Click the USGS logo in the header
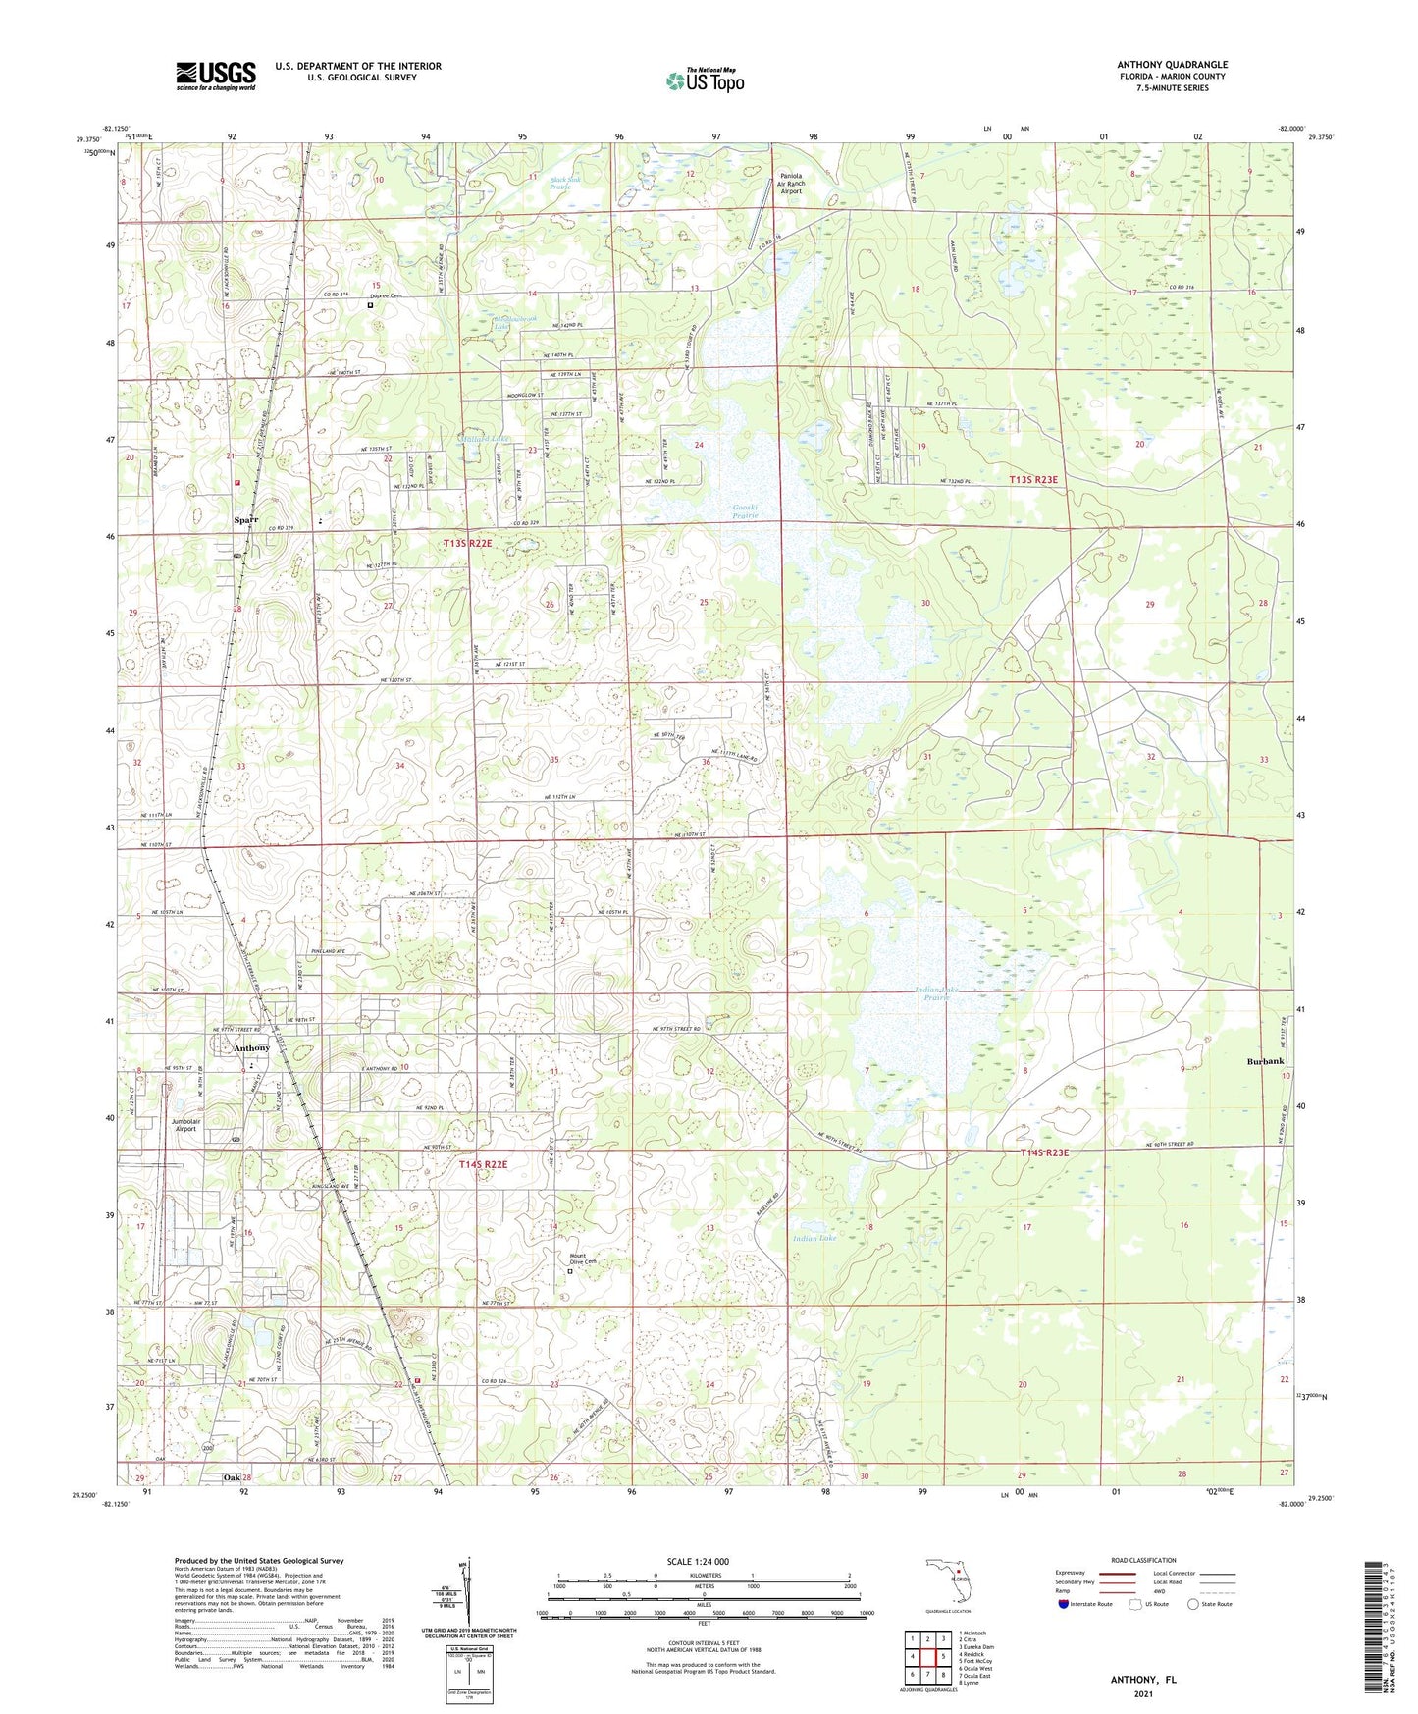point(215,76)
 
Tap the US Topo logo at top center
point(704,80)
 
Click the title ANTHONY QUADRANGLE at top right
point(1172,65)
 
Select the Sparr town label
point(246,519)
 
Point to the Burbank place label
point(1265,1062)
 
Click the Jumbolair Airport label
point(185,1124)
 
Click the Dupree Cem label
point(386,295)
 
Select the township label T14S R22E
point(483,1164)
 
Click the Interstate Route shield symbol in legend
point(1065,1604)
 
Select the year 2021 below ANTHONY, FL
point(1142,1694)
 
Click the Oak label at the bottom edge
point(232,1477)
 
